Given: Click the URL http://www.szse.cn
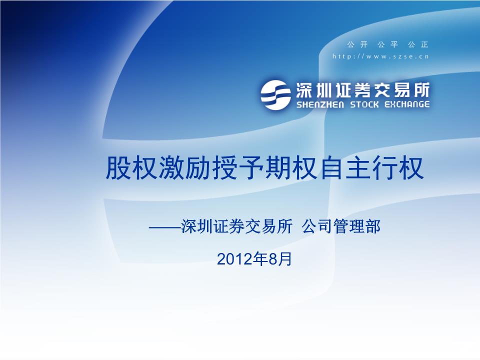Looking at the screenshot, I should (x=380, y=56).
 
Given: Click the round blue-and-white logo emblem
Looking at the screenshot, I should (x=275, y=94).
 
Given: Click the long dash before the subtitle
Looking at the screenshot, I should (x=165, y=227).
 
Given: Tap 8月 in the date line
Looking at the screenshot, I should (x=280, y=258).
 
